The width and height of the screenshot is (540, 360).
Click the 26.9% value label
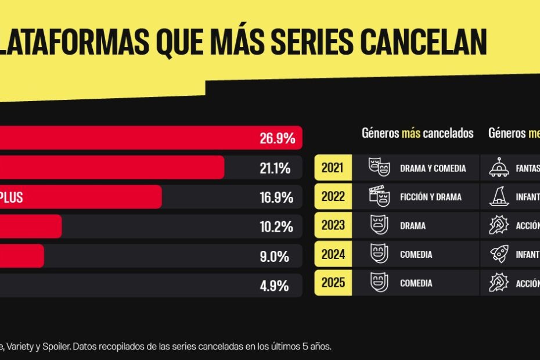point(277,139)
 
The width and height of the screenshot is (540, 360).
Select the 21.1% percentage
point(275,168)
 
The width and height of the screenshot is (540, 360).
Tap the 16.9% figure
point(276,197)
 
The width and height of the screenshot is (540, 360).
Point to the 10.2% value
point(276,226)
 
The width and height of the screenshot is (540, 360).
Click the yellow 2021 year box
point(333,168)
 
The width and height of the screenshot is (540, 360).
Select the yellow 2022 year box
point(333,197)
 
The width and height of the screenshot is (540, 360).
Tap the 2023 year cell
point(333,226)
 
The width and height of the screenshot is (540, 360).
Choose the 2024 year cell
point(333,254)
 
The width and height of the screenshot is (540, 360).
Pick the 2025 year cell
point(333,283)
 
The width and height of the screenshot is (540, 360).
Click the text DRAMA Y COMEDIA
point(433,168)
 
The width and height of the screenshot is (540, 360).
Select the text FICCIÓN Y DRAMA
point(430,197)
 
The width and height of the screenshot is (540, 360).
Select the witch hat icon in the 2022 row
point(499,197)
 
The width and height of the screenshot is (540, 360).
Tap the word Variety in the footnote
point(30,347)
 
